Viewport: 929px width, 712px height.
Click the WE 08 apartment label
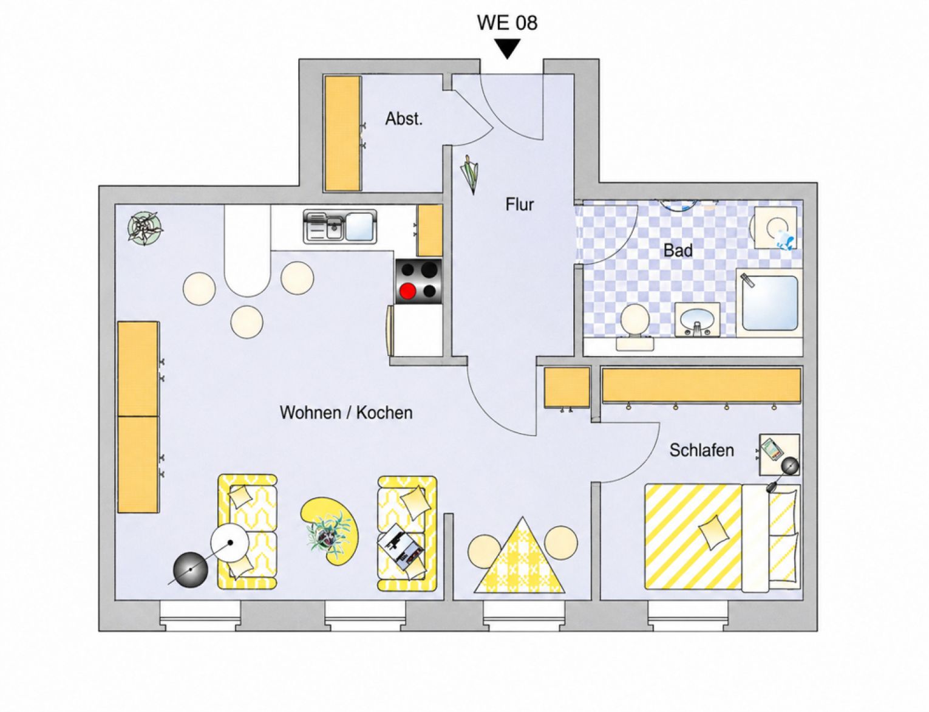(x=507, y=22)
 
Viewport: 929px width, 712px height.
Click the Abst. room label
(x=404, y=118)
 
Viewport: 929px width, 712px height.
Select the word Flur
(x=519, y=204)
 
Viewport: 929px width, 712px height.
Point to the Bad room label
(x=678, y=250)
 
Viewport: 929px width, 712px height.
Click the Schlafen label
(x=701, y=450)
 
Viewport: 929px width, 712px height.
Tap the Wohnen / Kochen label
(x=346, y=412)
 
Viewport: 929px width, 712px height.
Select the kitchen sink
(x=340, y=227)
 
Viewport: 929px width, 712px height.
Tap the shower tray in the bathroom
(x=769, y=303)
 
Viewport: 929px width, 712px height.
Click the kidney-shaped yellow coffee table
(x=330, y=531)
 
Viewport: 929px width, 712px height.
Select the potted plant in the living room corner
(x=145, y=227)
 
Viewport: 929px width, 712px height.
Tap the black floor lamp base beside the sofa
(x=190, y=570)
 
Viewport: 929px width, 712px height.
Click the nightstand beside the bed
(x=779, y=454)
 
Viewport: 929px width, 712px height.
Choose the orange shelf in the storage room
(x=342, y=134)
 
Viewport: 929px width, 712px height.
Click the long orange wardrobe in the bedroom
(x=701, y=385)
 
